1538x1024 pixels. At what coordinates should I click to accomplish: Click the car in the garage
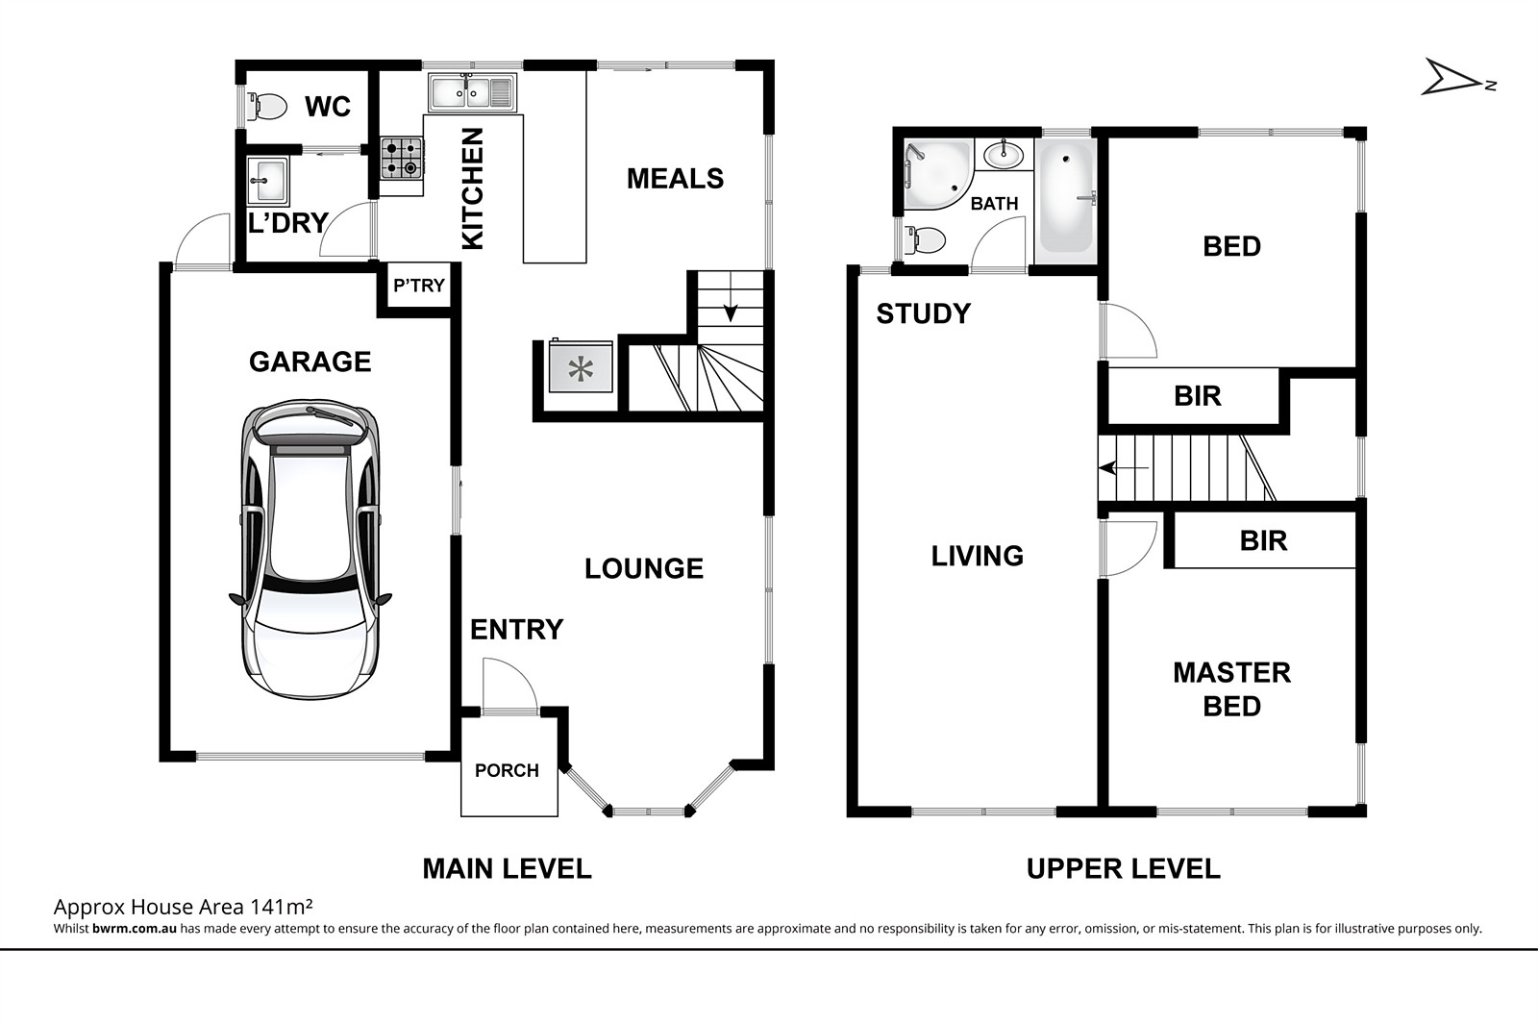310,549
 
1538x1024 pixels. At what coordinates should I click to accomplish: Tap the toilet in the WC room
267,107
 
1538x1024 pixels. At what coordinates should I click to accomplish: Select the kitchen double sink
472,92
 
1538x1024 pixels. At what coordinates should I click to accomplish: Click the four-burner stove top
402,158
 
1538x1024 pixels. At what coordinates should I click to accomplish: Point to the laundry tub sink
268,181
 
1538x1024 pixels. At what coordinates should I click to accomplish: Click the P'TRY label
419,285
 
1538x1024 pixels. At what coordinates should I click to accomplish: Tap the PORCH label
507,770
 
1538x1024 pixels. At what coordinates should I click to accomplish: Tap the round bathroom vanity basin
1004,155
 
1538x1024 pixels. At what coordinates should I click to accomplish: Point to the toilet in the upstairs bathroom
925,240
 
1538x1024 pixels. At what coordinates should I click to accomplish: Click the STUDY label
924,313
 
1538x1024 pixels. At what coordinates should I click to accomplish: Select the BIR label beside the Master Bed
1263,541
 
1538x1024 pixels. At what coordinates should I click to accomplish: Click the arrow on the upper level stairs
1124,467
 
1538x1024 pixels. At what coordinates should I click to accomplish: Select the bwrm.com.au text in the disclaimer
135,929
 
